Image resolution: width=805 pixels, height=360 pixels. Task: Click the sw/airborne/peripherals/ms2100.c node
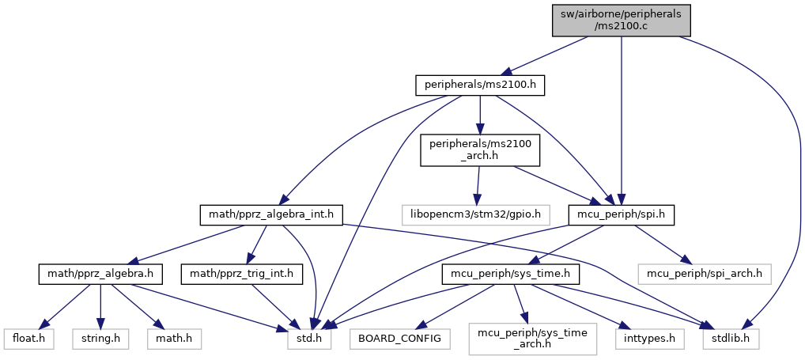pos(622,19)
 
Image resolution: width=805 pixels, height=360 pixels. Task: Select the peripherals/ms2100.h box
pos(481,85)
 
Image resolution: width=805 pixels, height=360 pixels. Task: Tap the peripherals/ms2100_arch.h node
pos(480,150)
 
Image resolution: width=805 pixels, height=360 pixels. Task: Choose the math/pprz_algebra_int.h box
pos(271,214)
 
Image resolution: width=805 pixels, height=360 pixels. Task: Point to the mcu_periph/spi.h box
pos(622,214)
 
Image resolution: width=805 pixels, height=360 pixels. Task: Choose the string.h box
pos(100,339)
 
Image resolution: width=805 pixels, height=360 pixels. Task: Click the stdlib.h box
pos(731,339)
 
